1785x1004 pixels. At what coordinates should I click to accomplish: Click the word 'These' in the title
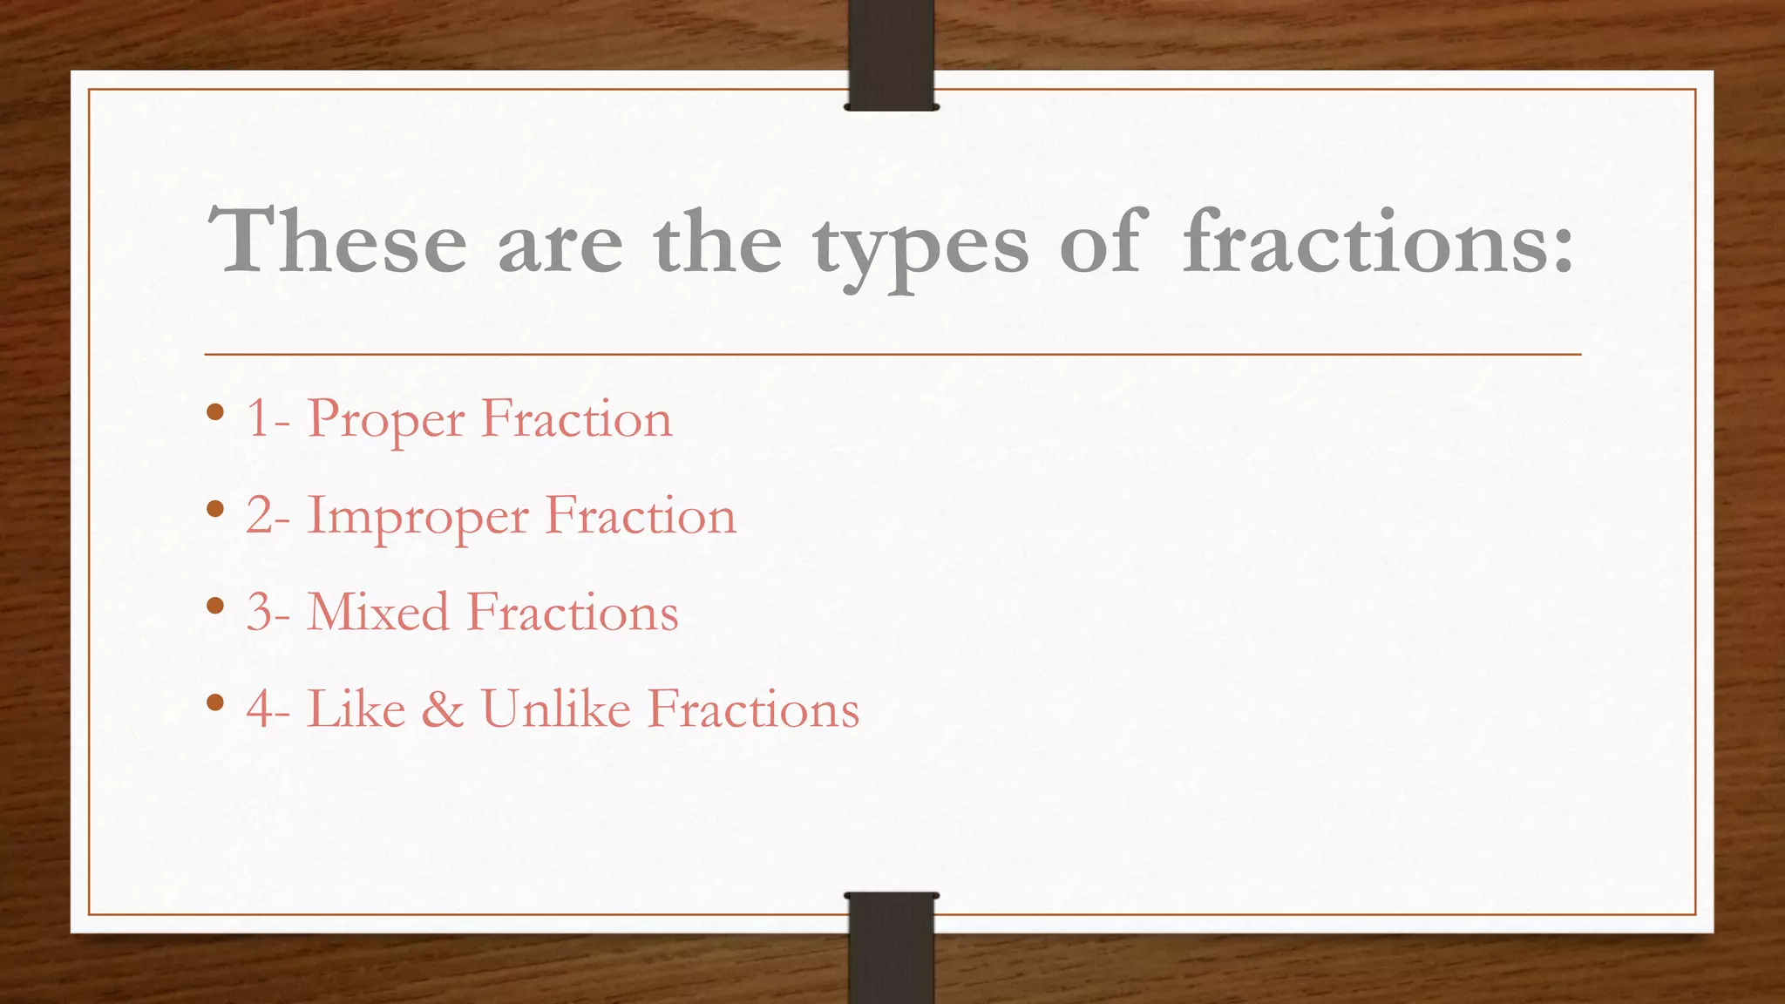point(337,241)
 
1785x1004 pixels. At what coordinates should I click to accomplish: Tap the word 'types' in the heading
point(920,248)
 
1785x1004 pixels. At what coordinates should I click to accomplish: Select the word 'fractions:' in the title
point(1378,241)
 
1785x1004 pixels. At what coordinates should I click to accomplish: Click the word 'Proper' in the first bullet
point(386,421)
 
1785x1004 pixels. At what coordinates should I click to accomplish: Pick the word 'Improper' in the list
point(417,518)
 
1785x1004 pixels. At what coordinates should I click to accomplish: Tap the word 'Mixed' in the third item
point(378,612)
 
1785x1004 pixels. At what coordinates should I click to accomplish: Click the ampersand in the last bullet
point(443,709)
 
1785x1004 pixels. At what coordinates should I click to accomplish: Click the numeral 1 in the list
point(258,419)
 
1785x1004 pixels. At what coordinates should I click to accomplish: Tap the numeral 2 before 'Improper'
point(260,515)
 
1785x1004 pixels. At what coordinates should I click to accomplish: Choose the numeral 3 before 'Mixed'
point(260,613)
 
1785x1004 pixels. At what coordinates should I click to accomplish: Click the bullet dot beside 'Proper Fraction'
point(216,411)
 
